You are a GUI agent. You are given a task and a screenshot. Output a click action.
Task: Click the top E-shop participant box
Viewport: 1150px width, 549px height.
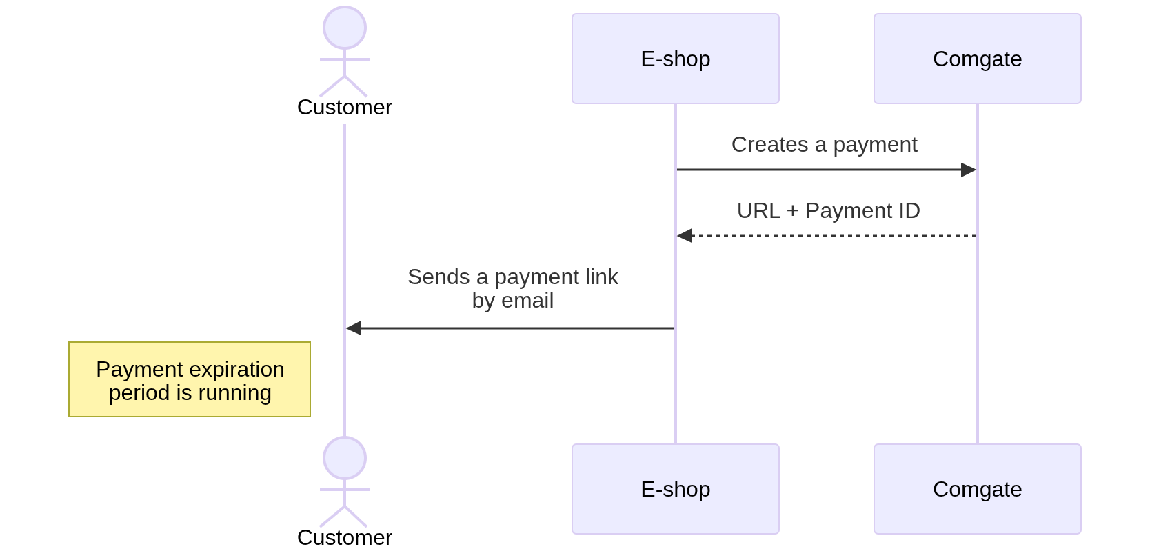(675, 59)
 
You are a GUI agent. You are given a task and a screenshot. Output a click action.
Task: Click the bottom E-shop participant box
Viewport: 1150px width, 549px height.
(675, 489)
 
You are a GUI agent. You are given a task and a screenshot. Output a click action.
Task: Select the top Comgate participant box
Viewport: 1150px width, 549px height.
(977, 59)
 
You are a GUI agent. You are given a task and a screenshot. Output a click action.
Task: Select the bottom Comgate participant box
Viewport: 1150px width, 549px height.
(977, 489)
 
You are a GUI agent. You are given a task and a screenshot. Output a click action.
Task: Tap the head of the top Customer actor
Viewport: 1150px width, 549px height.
(345, 28)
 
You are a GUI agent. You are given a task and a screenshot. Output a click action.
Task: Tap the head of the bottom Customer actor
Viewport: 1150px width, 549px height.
(345, 458)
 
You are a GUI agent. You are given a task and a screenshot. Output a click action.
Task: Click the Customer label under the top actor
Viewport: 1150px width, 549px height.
(345, 108)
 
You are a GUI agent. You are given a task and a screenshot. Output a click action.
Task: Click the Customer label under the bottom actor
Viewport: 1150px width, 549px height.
(345, 537)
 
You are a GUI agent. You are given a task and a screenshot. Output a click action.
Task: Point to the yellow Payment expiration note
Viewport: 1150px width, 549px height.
(190, 379)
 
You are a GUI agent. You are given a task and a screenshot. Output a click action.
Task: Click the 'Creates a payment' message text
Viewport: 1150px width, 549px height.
(824, 145)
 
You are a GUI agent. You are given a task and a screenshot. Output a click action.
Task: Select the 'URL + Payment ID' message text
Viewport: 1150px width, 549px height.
(828, 211)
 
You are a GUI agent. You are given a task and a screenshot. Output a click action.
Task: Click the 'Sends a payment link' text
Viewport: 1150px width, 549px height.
(512, 277)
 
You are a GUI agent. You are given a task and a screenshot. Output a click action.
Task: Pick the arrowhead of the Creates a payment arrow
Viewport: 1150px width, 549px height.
(969, 170)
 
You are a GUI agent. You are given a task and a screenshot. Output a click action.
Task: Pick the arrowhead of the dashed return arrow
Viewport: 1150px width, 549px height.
(685, 236)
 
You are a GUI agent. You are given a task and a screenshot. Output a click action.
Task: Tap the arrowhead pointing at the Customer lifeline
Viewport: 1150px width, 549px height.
(354, 328)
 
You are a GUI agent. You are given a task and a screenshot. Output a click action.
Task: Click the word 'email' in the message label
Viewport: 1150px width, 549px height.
(527, 301)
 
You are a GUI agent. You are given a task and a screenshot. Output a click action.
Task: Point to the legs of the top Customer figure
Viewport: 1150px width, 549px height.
(344, 86)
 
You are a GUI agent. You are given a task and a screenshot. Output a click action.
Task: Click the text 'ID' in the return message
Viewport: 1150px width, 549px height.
(909, 211)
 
